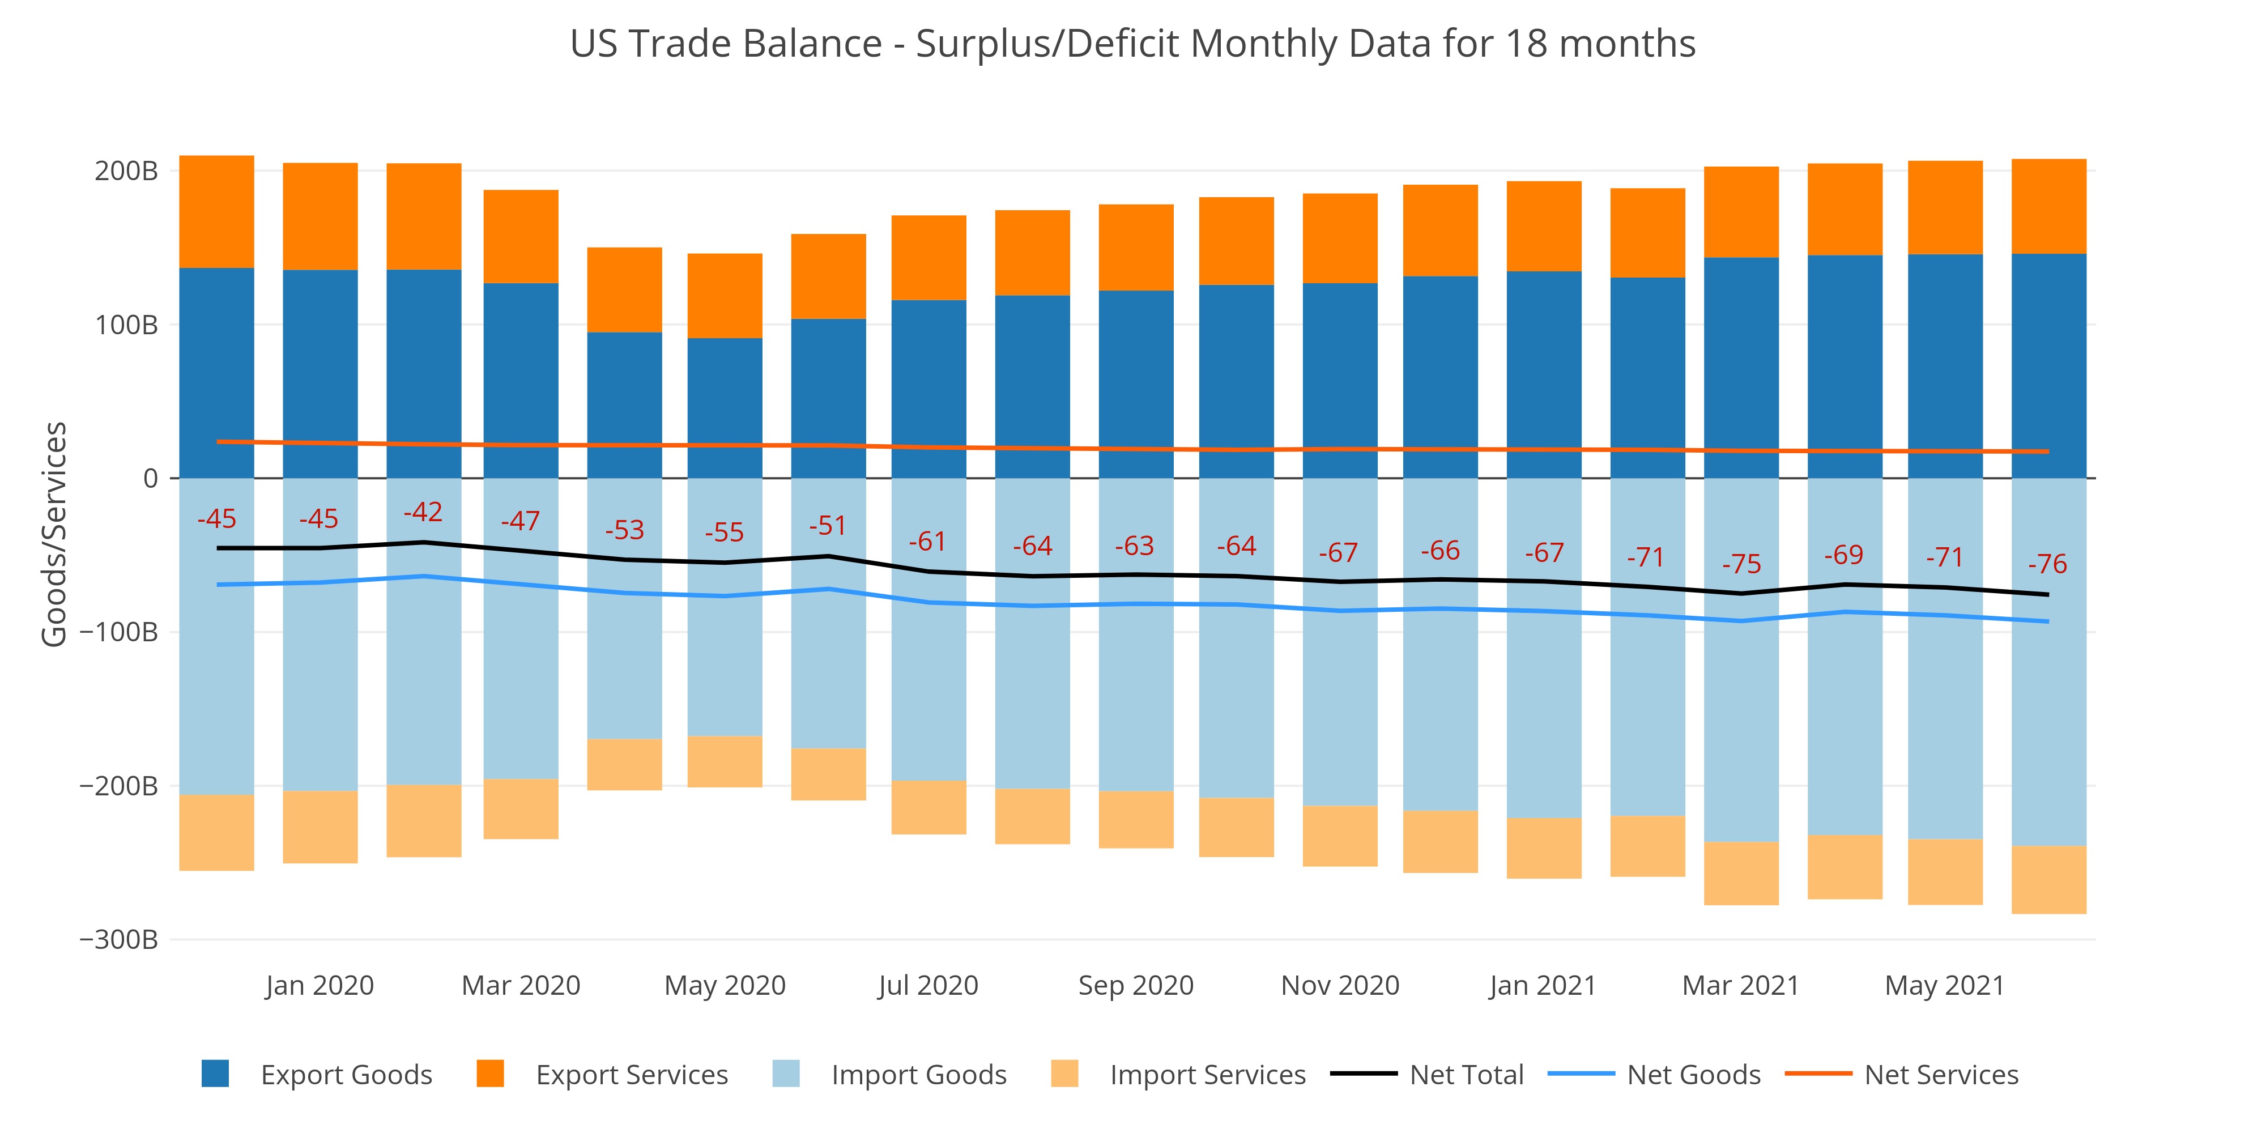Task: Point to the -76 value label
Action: (2047, 564)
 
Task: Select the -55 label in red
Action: (724, 532)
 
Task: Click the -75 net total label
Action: (1741, 564)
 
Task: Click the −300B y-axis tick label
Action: (119, 939)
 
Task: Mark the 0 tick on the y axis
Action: (151, 479)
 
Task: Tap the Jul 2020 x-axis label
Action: (928, 985)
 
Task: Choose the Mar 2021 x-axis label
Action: (1741, 985)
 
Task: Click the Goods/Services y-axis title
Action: (54, 534)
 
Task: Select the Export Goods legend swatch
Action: (215, 1074)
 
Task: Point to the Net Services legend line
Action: (1818, 1074)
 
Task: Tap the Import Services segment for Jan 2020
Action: (320, 827)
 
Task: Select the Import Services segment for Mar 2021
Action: (1741, 874)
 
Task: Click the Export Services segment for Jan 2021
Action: (1544, 226)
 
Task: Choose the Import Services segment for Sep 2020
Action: (1136, 819)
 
